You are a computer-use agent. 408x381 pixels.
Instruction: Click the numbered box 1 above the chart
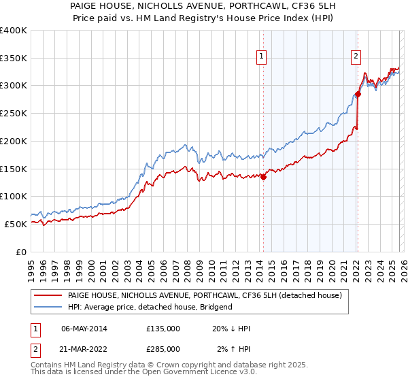pos(262,57)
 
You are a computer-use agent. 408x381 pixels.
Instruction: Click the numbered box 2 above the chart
pos(356,57)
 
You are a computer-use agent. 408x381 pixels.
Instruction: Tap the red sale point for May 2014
pos(263,178)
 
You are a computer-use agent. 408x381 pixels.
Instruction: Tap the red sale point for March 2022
pos(358,95)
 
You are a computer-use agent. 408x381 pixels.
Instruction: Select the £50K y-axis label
pos(15,224)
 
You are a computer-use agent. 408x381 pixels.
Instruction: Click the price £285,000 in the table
pos(163,348)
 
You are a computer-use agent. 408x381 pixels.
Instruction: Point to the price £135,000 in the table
pos(163,329)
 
